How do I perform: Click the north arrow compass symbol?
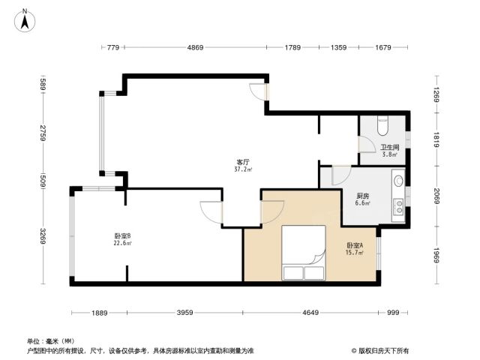pos(25,21)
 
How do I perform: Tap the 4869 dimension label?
pos(195,47)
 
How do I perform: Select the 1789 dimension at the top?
pos(292,47)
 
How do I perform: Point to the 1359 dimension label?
pos(338,47)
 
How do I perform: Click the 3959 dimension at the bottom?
pos(185,313)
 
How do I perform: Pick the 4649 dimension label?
pos(310,313)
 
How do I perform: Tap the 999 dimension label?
pos(393,313)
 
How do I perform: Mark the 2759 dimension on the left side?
pos(43,133)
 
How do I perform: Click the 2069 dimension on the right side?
pos(436,196)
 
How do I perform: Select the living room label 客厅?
pos(243,162)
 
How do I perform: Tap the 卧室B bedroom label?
pos(123,236)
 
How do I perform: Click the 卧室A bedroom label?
pos(355,245)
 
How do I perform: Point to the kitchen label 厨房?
pos(363,196)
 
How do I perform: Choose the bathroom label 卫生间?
pos(390,147)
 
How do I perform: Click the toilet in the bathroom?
pos(382,125)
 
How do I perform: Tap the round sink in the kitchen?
pos(398,181)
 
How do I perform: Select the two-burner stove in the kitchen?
pos(399,206)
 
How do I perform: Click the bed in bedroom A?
pos(303,253)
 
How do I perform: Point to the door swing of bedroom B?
pos(211,212)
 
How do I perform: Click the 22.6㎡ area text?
pos(123,243)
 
